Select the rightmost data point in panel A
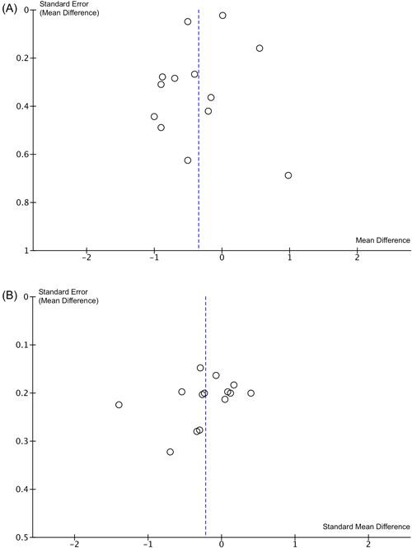pos(288,175)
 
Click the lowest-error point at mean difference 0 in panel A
pos(222,16)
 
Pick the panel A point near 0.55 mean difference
pos(260,49)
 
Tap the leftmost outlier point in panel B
pos(119,405)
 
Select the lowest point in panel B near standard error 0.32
pos(171,452)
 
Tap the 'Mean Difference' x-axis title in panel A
pos(382,240)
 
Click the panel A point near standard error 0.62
pos(188,160)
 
